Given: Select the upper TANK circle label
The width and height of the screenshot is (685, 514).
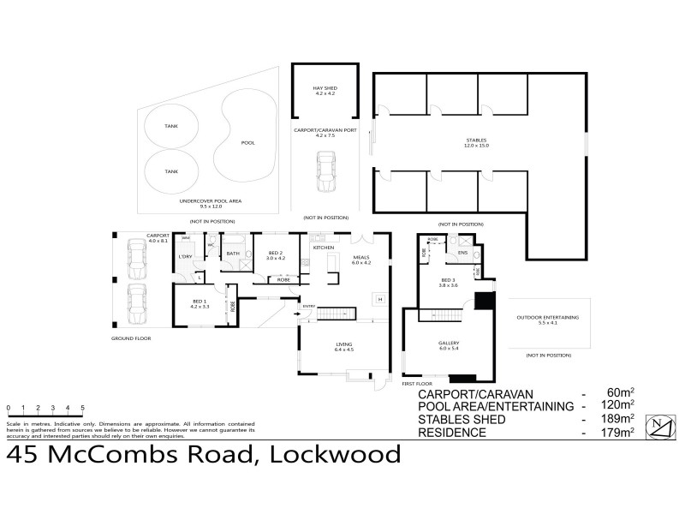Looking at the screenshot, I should [172, 127].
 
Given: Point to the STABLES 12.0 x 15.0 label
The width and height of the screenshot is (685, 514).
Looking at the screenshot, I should [477, 144].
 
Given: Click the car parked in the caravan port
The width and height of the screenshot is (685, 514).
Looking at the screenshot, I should [325, 170].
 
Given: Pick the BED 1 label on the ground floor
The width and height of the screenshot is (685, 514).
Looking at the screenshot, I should [198, 302].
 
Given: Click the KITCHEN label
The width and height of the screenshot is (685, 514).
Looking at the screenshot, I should [322, 248].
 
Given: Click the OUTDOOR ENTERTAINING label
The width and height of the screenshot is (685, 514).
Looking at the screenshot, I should [547, 319].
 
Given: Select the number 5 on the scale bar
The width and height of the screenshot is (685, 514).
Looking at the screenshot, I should [82, 407].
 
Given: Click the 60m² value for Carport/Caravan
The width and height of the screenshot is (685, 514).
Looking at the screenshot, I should [622, 392].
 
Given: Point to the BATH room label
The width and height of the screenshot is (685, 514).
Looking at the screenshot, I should [231, 253].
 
